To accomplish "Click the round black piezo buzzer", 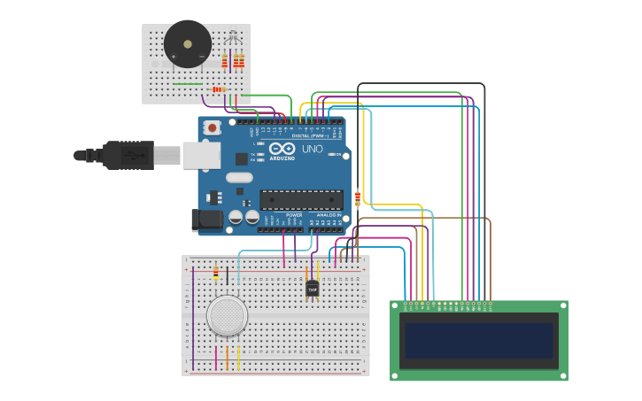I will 188,43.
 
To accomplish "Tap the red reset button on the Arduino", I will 213,127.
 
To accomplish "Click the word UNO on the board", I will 312,149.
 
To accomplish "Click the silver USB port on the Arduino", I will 202,156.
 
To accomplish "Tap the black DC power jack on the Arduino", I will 207,220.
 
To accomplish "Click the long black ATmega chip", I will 301,199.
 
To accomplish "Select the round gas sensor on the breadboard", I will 227,315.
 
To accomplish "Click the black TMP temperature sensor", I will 312,289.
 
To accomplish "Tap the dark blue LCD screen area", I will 478,340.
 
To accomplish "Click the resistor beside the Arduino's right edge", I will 358,198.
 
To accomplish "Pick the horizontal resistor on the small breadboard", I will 219,89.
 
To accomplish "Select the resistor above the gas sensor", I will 216,272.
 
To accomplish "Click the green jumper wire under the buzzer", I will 188,84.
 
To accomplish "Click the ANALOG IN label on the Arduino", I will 328,215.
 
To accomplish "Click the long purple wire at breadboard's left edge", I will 193,319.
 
